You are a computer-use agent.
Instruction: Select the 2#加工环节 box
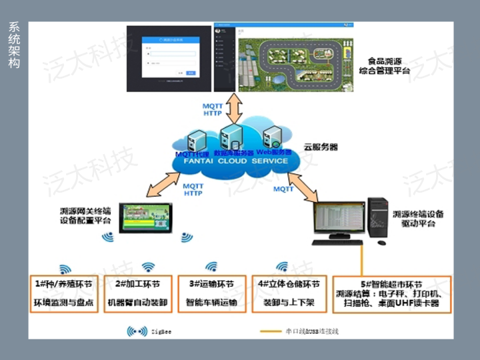tap(137, 294)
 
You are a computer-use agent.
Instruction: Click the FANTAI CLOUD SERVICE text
tap(232, 161)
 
